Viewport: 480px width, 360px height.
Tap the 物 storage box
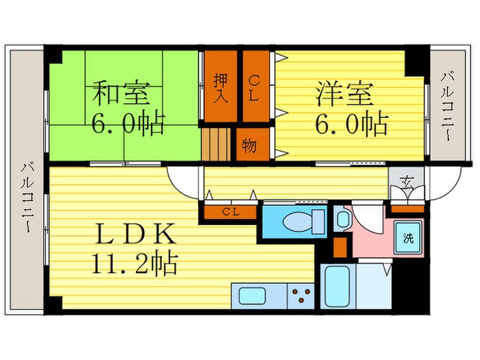pyautogui.click(x=250, y=145)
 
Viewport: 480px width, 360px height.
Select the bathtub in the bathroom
pyautogui.click(x=337, y=286)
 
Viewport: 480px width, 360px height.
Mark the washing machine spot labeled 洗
pyautogui.click(x=408, y=239)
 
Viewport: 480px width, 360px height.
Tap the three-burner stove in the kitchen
pyautogui.click(x=299, y=296)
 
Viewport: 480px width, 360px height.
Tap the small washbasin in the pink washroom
pyautogui.click(x=341, y=219)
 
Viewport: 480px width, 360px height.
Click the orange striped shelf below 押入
pyautogui.click(x=214, y=144)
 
